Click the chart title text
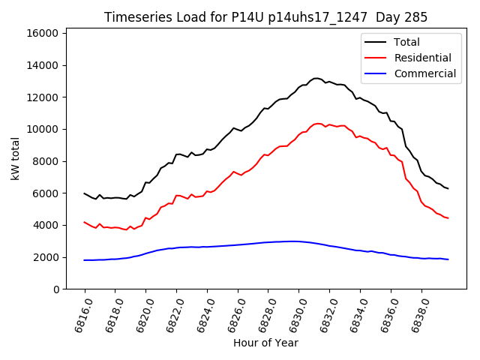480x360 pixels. coord(265,17)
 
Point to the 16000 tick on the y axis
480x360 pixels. coord(43,34)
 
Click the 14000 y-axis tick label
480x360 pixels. coord(43,65)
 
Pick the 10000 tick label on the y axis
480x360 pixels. coord(43,129)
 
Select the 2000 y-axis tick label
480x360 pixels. coord(46,257)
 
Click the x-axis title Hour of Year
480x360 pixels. coord(265,343)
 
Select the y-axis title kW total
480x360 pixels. coord(15,159)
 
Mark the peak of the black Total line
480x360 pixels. coord(316,78)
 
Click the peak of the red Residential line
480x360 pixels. coord(318,124)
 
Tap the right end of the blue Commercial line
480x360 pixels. coord(448,259)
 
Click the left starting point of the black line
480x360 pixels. coord(85,193)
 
